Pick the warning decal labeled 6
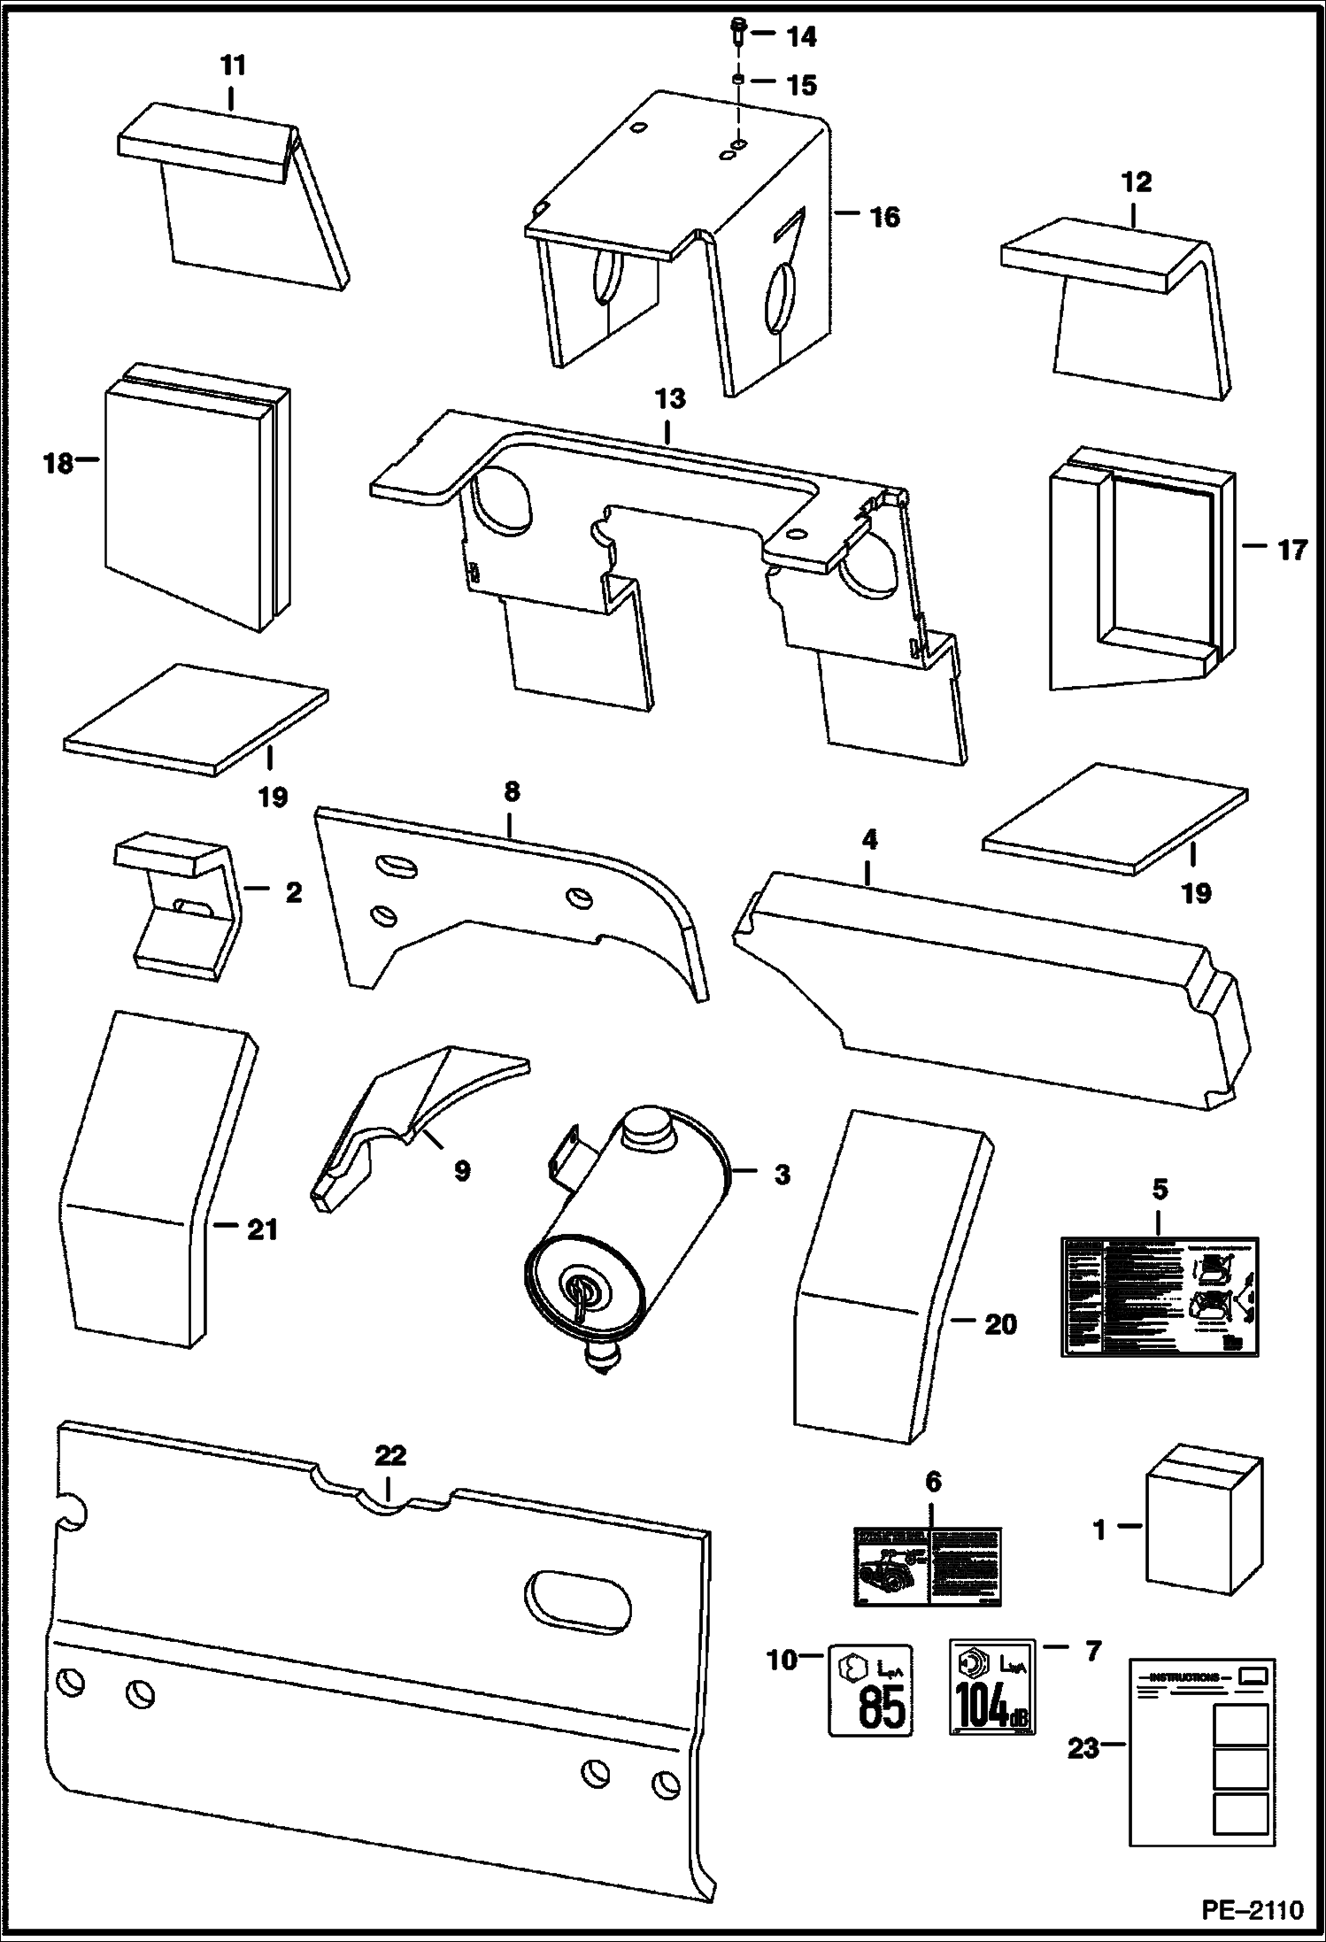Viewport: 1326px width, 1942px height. pyautogui.click(x=927, y=1566)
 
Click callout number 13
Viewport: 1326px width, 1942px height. pyautogui.click(x=670, y=399)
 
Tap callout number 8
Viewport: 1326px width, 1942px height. pyautogui.click(x=512, y=791)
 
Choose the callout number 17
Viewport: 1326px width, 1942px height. pyautogui.click(x=1291, y=551)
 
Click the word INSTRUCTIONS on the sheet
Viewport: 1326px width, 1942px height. pyautogui.click(x=1180, y=1677)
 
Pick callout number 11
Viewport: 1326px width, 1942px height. pyautogui.click(x=232, y=66)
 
